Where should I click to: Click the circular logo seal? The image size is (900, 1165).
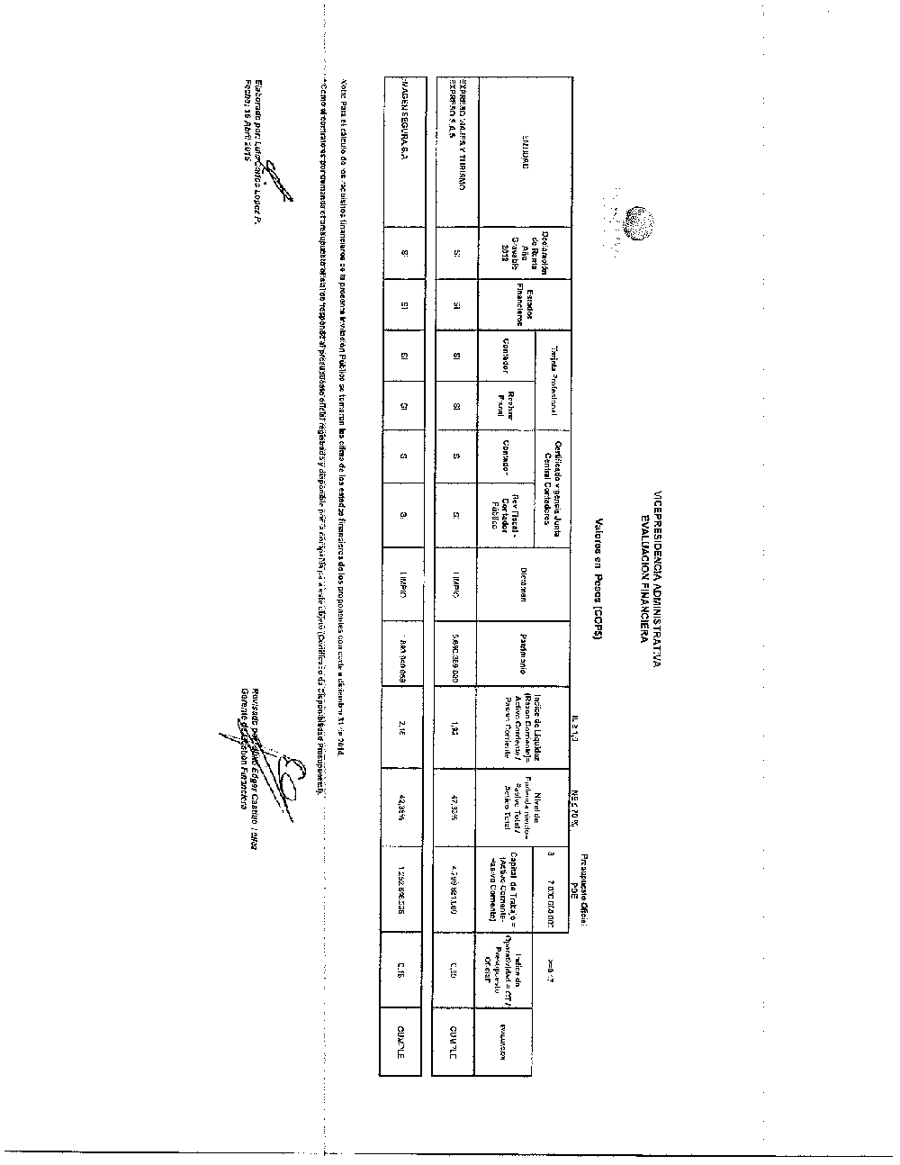(x=641, y=221)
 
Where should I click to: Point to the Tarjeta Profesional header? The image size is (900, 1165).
(x=555, y=382)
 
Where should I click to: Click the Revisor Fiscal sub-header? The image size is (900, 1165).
(x=505, y=408)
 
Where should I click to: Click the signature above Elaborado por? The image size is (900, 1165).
(x=280, y=176)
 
